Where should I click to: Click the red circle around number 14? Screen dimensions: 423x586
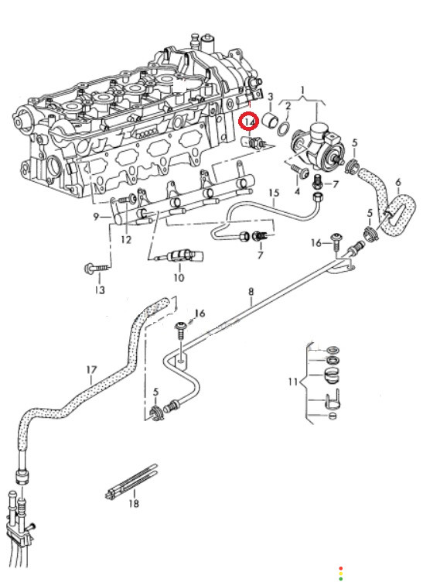point(249,121)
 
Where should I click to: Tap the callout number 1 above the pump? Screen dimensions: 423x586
point(302,90)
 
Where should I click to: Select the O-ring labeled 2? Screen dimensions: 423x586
point(284,128)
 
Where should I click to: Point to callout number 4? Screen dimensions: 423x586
point(297,192)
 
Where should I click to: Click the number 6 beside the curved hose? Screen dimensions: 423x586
point(398,183)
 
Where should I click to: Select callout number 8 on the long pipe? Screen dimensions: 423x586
point(251,291)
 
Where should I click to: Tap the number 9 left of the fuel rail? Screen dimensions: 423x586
point(96,217)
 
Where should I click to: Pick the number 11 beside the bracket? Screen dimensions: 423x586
point(293,382)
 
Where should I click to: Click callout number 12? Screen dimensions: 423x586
point(126,240)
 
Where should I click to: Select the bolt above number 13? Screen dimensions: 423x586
point(97,268)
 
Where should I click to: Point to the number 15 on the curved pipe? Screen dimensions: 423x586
point(274,193)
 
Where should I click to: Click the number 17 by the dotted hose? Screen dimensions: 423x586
point(91,370)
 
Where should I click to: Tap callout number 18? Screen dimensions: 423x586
point(134,503)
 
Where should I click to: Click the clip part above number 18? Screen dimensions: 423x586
point(131,482)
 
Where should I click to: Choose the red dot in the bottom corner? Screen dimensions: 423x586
point(341,568)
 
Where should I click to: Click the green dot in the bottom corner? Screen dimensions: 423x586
point(341,579)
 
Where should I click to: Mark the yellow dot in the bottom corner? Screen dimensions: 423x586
point(341,574)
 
